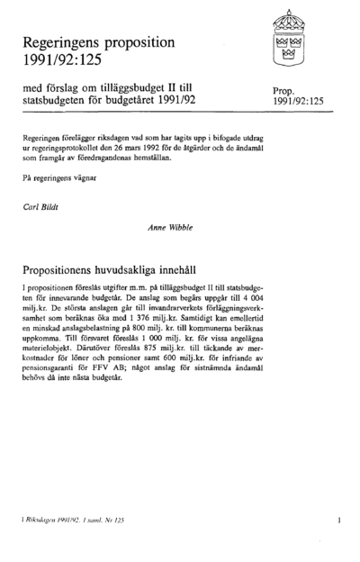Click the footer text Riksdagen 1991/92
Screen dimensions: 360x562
tap(52, 521)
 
